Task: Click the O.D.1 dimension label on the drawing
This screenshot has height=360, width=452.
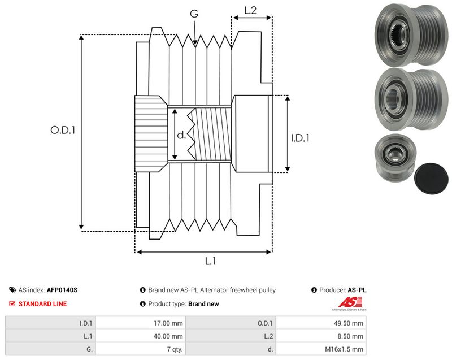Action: click(63, 130)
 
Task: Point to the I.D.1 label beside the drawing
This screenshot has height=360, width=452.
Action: click(300, 138)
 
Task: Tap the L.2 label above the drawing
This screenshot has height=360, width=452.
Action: click(250, 10)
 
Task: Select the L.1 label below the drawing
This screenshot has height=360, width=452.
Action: click(210, 261)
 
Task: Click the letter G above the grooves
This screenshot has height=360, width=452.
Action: click(194, 13)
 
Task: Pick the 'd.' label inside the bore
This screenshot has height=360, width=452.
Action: click(181, 135)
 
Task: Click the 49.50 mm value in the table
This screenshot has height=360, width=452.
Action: click(348, 323)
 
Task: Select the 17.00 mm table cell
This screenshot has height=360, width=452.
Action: click(168, 323)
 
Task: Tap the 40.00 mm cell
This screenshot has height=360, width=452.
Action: click(168, 336)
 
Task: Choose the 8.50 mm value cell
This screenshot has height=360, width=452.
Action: click(350, 336)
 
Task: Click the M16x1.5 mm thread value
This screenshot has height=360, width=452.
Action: click(344, 349)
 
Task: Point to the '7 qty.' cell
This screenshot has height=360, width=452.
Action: click(175, 349)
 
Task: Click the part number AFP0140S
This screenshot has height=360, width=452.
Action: click(62, 290)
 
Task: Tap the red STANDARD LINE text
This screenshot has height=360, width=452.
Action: click(42, 304)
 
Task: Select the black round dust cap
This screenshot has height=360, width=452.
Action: click(431, 179)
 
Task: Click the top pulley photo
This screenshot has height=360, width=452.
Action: click(411, 34)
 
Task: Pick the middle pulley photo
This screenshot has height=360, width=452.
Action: click(411, 99)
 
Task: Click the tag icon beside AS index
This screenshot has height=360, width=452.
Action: click(12, 290)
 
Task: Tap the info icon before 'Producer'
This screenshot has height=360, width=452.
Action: click(314, 290)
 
